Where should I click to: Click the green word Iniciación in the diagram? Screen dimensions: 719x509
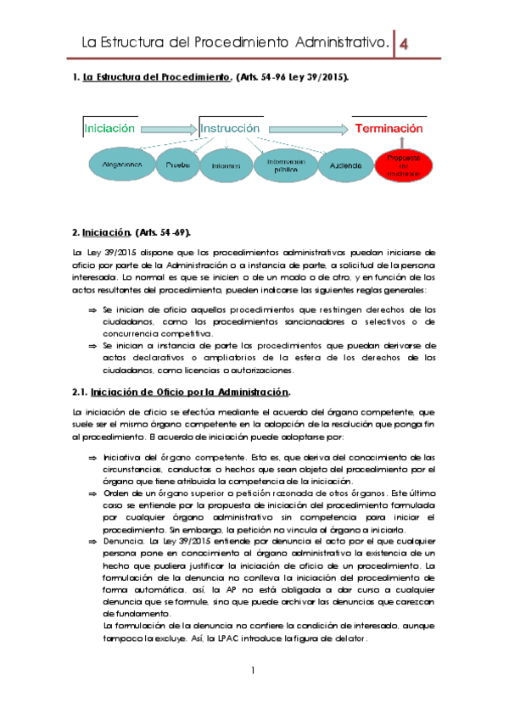coord(110,129)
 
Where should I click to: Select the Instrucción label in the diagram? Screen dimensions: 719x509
coord(230,129)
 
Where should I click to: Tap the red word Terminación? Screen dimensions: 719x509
coord(389,129)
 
